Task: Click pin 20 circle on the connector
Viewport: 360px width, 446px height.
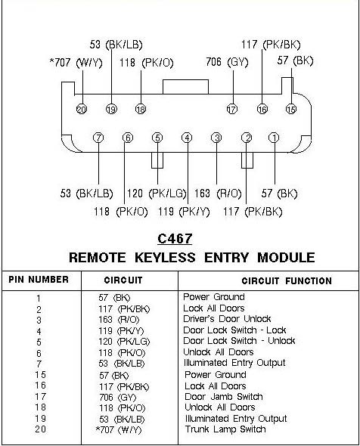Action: coord(82,109)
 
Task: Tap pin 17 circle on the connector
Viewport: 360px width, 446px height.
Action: coord(232,109)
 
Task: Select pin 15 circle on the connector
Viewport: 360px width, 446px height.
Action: coord(291,109)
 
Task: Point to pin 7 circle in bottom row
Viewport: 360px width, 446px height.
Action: coord(98,138)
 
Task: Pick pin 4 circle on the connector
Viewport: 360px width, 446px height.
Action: coord(187,138)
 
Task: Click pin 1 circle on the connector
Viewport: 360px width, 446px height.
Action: coord(274,138)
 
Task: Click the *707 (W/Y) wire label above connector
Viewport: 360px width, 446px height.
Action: coord(76,63)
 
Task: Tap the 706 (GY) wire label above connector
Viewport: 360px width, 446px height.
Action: coord(227,62)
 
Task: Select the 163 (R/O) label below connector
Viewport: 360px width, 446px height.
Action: coord(218,194)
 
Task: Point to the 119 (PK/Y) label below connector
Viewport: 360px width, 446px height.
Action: coord(184,212)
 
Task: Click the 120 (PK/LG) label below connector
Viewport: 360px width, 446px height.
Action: coord(157,194)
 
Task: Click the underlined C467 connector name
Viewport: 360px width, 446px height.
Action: coord(175,239)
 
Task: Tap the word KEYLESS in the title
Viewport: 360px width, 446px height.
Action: coord(165,258)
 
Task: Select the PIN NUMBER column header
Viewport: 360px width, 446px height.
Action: coord(39,280)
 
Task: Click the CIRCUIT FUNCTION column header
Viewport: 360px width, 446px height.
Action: coord(287,281)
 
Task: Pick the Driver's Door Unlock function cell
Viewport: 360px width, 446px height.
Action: coord(227,319)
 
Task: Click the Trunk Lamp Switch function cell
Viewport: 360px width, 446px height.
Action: coord(225,429)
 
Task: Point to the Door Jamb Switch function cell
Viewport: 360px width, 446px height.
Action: coord(224,397)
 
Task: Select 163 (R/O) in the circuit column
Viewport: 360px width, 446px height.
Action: coord(119,320)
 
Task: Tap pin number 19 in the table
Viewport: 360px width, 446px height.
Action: coord(40,419)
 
